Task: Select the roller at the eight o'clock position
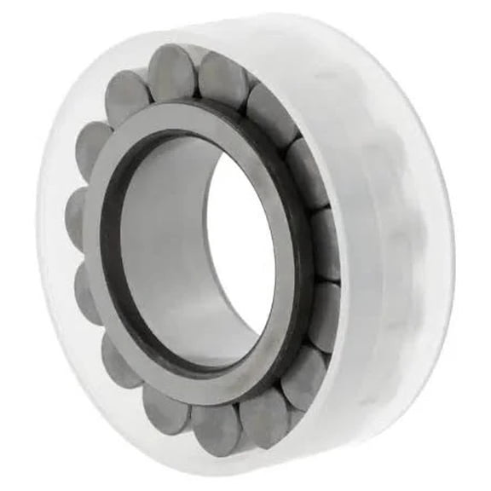pos(87,294)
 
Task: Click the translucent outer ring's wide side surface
pos(401,239)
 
